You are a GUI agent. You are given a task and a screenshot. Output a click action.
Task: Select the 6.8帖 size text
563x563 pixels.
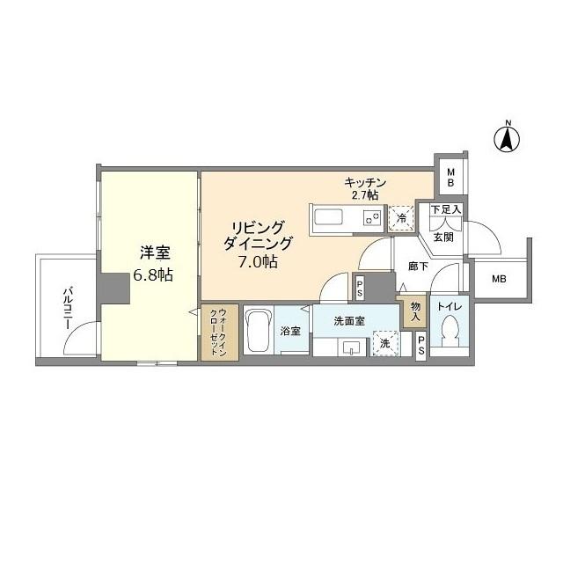click(152, 274)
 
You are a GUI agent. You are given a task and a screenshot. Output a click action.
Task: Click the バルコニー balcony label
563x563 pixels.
click(67, 307)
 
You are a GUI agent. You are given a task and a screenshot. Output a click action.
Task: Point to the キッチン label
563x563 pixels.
click(362, 182)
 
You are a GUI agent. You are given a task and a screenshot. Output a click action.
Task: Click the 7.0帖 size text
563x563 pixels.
click(257, 261)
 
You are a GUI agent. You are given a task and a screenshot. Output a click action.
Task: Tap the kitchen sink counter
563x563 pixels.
click(346, 216)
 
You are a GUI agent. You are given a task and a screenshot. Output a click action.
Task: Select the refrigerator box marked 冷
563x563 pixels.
click(401, 216)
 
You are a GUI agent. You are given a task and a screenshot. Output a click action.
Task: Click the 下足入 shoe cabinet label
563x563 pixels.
click(446, 209)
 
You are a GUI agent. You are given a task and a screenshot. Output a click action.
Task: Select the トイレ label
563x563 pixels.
click(450, 307)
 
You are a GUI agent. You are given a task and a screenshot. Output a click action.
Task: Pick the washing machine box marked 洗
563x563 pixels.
click(384, 343)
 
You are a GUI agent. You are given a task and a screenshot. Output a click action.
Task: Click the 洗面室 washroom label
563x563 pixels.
click(349, 321)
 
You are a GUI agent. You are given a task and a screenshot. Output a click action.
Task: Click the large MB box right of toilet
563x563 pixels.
click(498, 279)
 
